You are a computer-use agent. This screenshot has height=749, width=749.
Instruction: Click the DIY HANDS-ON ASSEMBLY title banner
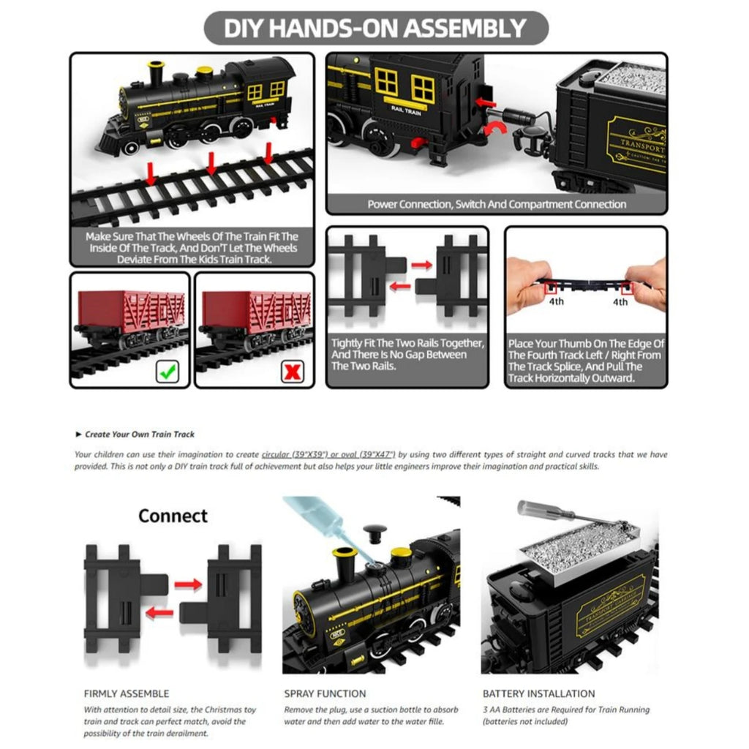click(x=374, y=28)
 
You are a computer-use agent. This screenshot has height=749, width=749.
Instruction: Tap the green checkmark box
click(x=167, y=372)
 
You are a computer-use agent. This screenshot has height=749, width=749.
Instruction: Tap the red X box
click(x=293, y=372)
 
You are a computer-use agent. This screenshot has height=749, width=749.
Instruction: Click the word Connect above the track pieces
click(x=173, y=516)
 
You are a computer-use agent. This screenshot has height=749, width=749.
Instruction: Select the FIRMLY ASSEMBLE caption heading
click(x=126, y=693)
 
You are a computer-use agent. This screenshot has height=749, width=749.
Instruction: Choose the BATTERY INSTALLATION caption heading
click(x=538, y=693)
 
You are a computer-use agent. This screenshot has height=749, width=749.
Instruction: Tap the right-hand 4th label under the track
click(x=620, y=301)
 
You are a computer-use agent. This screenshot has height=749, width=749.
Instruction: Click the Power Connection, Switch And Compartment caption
click(x=497, y=204)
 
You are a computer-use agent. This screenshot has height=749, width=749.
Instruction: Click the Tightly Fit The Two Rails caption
click(x=407, y=354)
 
